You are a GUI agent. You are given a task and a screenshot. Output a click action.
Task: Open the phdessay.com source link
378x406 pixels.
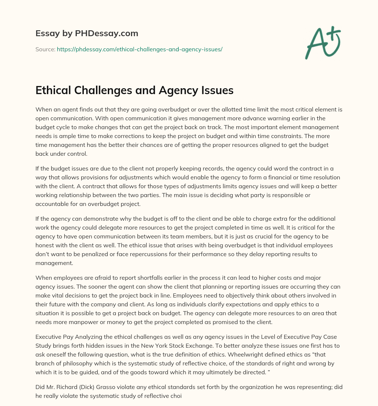tap(140, 49)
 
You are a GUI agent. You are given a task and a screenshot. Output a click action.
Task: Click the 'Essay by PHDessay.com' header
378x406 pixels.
tap(87, 33)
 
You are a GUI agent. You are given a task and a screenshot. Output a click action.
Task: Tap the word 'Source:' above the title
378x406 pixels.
tap(45, 49)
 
